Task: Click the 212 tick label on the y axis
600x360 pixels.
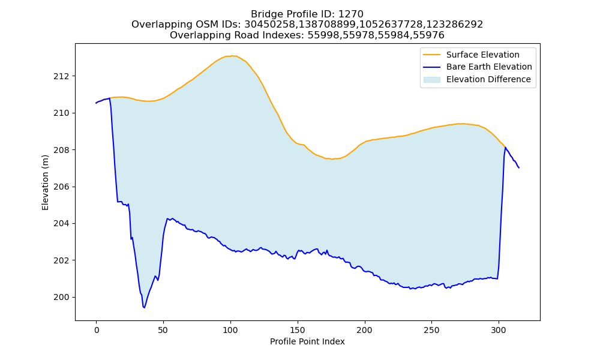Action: pyautogui.click(x=61, y=76)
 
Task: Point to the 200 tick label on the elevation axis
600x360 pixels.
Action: pyautogui.click(x=61, y=297)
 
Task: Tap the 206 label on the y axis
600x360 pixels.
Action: pyautogui.click(x=61, y=187)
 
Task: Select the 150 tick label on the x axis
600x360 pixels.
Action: pyautogui.click(x=298, y=330)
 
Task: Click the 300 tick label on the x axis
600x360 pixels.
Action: pyautogui.click(x=499, y=330)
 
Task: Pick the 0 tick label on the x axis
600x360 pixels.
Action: pyautogui.click(x=97, y=330)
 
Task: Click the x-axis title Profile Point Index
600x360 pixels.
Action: pyautogui.click(x=307, y=341)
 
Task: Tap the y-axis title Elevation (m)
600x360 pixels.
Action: pyautogui.click(x=45, y=182)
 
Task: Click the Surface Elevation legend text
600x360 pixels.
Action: pyautogui.click(x=483, y=55)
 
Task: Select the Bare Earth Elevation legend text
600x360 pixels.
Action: pyautogui.click(x=489, y=67)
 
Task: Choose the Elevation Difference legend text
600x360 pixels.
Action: pyautogui.click(x=488, y=79)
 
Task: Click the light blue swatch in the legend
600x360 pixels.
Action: pyautogui.click(x=431, y=80)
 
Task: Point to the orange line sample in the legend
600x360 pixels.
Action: pyautogui.click(x=431, y=55)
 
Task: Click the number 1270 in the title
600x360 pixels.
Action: pyautogui.click(x=351, y=14)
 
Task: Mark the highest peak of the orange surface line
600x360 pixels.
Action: pyautogui.click(x=231, y=56)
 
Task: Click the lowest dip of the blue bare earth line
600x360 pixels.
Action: pyautogui.click(x=144, y=308)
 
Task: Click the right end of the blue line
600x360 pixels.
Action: pyautogui.click(x=519, y=168)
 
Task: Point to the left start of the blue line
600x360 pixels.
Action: pyautogui.click(x=96, y=103)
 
